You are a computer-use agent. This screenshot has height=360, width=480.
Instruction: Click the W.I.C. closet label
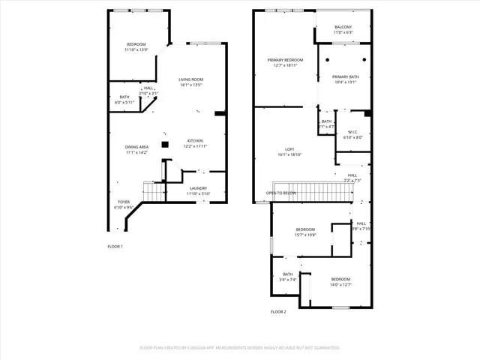[x=352, y=133]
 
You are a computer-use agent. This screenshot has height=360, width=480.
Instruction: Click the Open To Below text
[x=281, y=193]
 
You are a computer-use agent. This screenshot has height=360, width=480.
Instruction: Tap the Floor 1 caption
[x=115, y=246]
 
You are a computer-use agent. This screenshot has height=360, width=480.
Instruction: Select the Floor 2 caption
[x=278, y=311]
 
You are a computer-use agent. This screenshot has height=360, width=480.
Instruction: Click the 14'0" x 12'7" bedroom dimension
[x=341, y=284]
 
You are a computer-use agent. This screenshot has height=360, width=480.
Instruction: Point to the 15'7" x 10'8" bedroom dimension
[x=305, y=235]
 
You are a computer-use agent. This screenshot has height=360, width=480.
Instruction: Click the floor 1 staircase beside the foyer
[x=154, y=192]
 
